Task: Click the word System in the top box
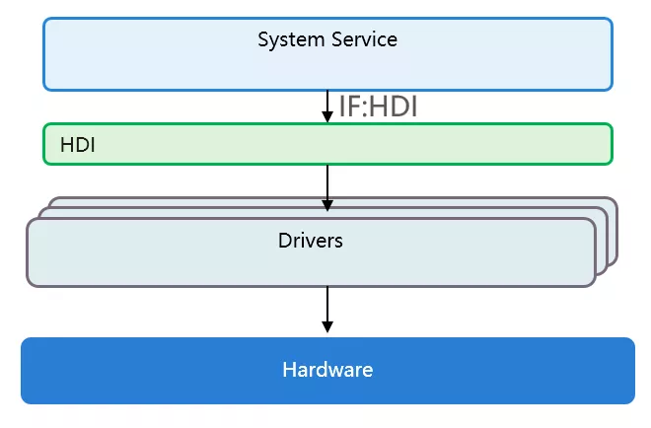point(291,40)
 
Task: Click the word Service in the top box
point(364,39)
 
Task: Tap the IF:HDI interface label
point(378,107)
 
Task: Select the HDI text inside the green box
point(78,145)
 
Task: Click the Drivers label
point(311,241)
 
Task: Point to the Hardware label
point(327,370)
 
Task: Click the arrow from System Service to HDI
point(327,107)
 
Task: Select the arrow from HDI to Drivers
point(327,188)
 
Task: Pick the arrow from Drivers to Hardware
point(327,310)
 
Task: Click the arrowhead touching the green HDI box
point(327,116)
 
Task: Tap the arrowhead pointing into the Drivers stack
point(327,205)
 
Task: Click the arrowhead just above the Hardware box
point(327,326)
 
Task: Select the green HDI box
point(328,144)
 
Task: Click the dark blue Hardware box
point(328,371)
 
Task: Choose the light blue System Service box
point(328,54)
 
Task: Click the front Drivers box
point(312,252)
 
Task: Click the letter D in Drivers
point(285,241)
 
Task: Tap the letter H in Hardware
point(289,370)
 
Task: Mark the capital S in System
point(263,39)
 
